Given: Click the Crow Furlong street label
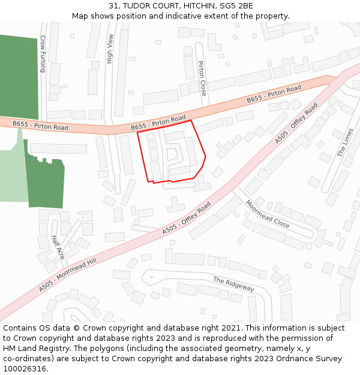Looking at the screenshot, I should pos(43,53).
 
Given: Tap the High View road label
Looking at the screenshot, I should pos(110,49).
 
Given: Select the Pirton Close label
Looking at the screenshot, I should pos(202,79).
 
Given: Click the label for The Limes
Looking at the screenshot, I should pos(345,142).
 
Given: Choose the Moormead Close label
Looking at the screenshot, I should pos(268,214).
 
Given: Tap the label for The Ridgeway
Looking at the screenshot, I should pos(234,284).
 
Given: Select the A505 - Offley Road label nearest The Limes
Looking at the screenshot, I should pos(297,123).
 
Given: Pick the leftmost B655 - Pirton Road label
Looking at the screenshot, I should pos(41,126).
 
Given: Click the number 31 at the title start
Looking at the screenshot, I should pos(115,6).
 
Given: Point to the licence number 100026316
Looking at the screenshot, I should pos(25,368).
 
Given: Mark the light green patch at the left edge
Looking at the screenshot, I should pos(12,174).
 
